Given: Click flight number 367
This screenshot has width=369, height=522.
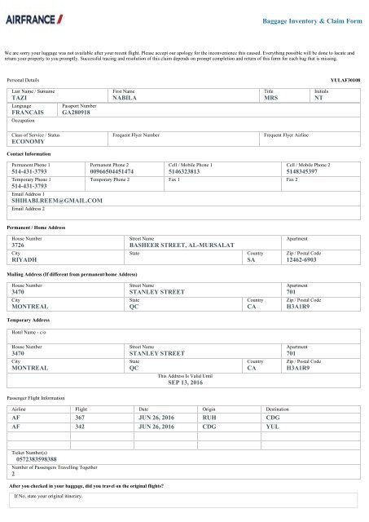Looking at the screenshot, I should coord(80,416).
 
